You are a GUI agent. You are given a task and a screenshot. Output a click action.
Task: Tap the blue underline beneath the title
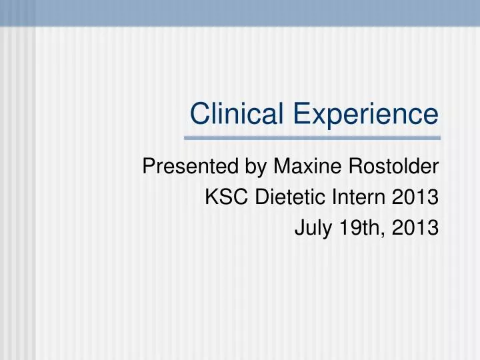point(312,138)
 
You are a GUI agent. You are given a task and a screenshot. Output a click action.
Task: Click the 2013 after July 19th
point(417,228)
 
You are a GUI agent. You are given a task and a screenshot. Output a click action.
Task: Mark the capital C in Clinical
point(199,113)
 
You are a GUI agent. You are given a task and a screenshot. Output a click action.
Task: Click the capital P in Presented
point(149,167)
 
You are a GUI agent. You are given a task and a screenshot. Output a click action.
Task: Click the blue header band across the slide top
point(240,12)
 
